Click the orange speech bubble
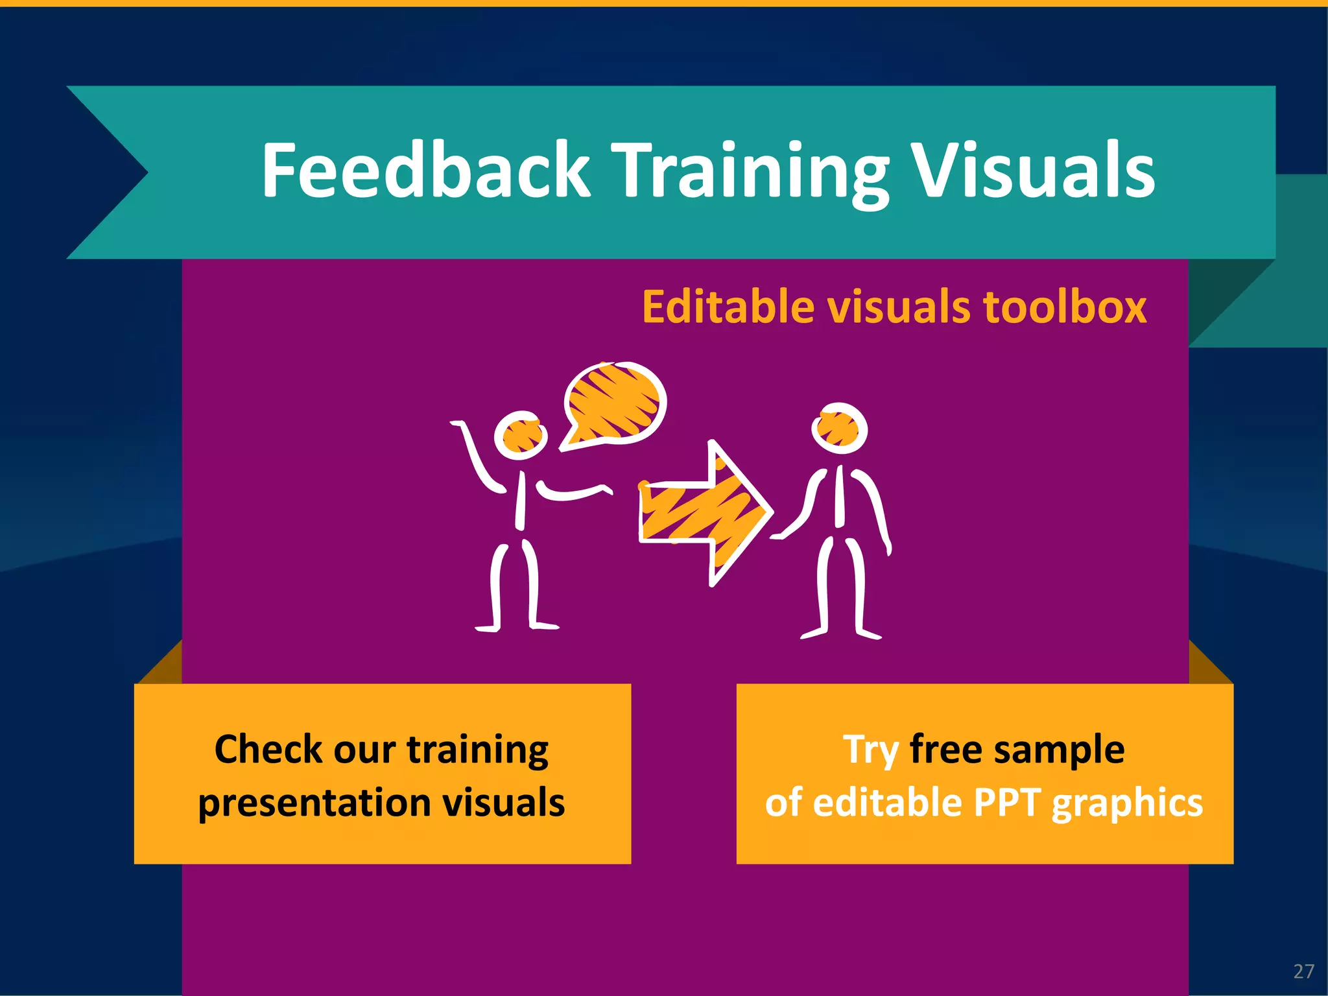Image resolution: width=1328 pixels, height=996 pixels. pyautogui.click(x=613, y=403)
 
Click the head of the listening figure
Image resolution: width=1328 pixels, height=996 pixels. pyautogui.click(x=839, y=429)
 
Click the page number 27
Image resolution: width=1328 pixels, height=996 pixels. pyautogui.click(x=1303, y=971)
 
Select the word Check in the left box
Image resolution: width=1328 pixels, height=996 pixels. pyautogui.click(x=268, y=750)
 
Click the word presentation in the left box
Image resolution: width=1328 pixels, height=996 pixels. pyautogui.click(x=314, y=803)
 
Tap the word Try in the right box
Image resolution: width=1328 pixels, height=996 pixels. pyautogui.click(x=870, y=750)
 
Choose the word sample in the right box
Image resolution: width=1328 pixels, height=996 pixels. pyautogui.click(x=1059, y=750)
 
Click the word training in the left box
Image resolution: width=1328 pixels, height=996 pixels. pyautogui.click(x=477, y=750)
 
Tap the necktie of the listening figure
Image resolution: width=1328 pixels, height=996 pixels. pyautogui.click(x=840, y=496)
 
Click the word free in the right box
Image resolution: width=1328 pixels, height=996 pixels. pyautogui.click(x=946, y=749)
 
